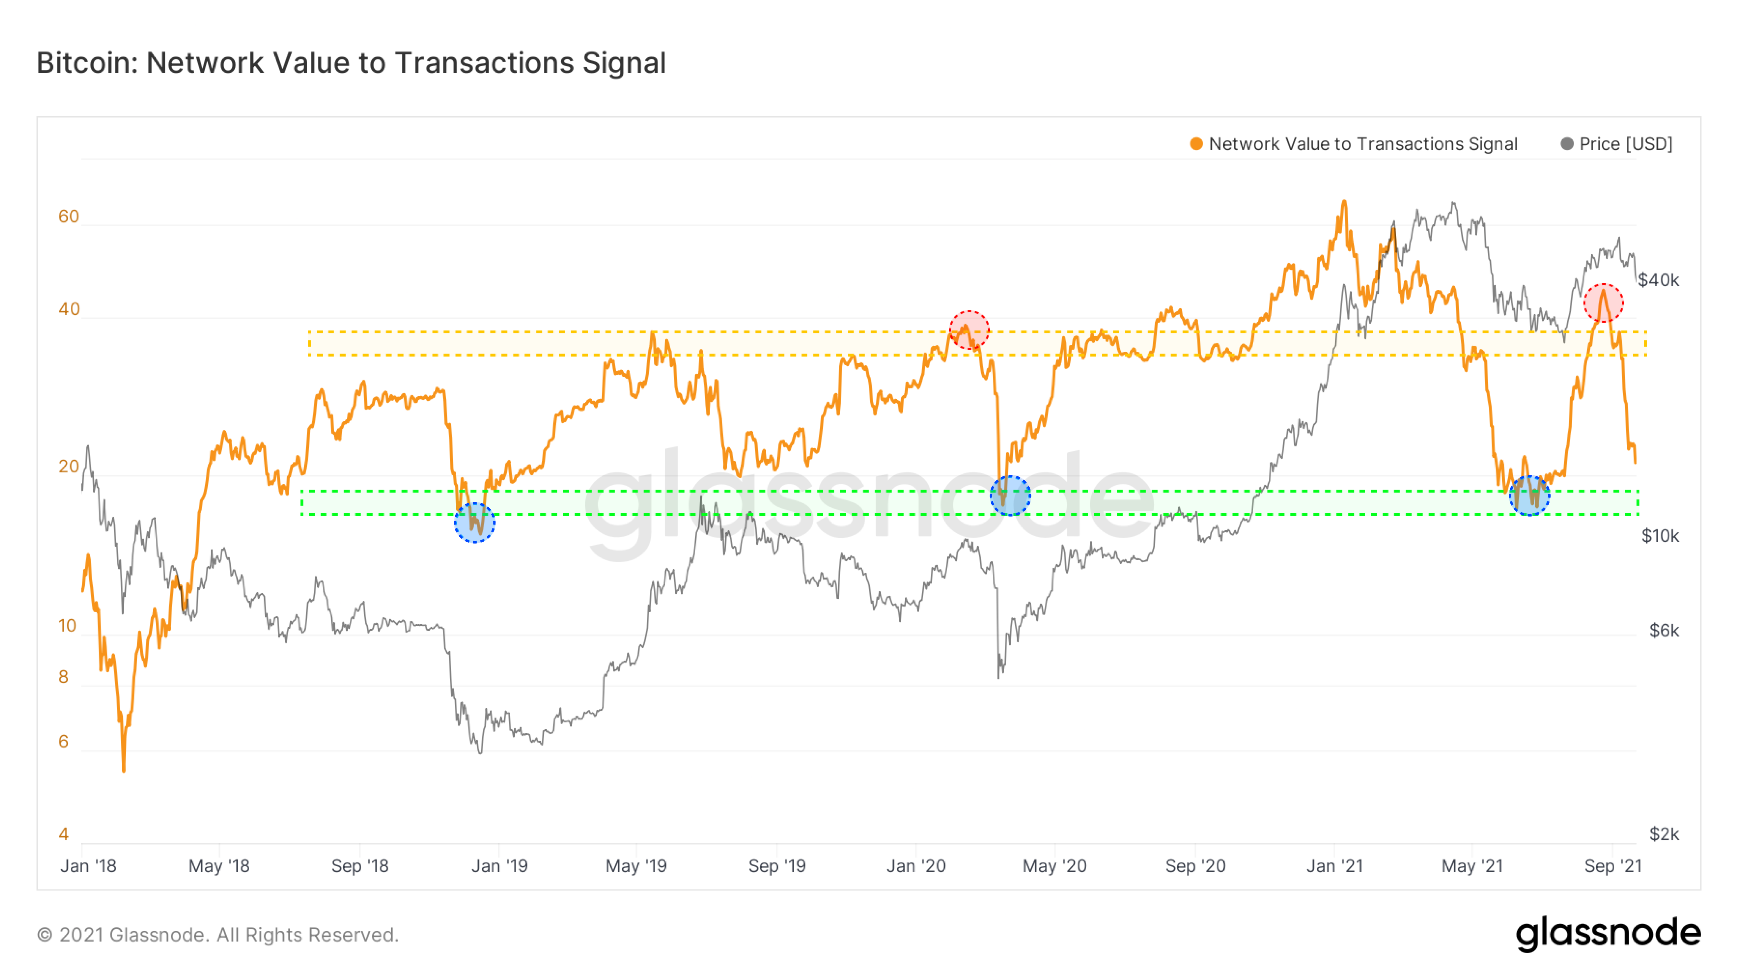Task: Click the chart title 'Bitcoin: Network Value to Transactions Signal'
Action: tap(351, 63)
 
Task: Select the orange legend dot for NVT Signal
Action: tap(1196, 144)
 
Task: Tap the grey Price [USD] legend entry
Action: tap(1617, 144)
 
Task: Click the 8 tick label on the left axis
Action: tap(63, 677)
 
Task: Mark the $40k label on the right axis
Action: tap(1658, 280)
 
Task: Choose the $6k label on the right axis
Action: tap(1664, 631)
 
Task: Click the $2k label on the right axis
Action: tap(1664, 834)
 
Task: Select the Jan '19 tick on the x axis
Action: tap(499, 866)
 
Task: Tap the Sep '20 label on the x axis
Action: tap(1195, 866)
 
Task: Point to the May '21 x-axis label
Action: tap(1472, 866)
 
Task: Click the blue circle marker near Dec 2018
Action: tap(474, 523)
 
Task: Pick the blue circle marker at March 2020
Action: tap(1010, 496)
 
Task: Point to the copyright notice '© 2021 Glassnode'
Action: tap(217, 935)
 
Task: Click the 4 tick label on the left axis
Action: tap(63, 834)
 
